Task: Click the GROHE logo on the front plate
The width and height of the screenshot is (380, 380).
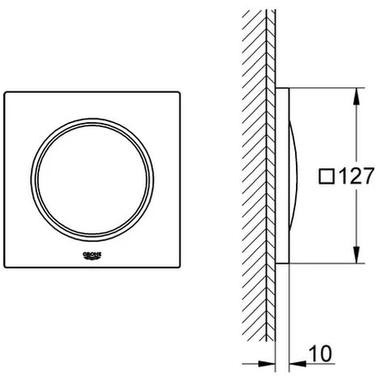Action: [x=92, y=255]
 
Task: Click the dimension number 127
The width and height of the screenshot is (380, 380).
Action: [x=357, y=176]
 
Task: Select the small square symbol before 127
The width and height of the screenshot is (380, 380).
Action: [x=327, y=176]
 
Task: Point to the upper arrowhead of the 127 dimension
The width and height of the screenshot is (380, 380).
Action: [x=357, y=96]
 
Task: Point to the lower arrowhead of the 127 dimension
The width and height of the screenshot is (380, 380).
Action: [x=357, y=255]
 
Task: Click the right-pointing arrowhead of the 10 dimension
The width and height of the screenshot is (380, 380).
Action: [x=267, y=364]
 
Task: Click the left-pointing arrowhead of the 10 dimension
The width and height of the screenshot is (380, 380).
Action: [x=298, y=364]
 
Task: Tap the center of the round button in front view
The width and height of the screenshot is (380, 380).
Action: [x=92, y=179]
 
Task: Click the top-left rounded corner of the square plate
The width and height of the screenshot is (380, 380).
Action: [x=6, y=93]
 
